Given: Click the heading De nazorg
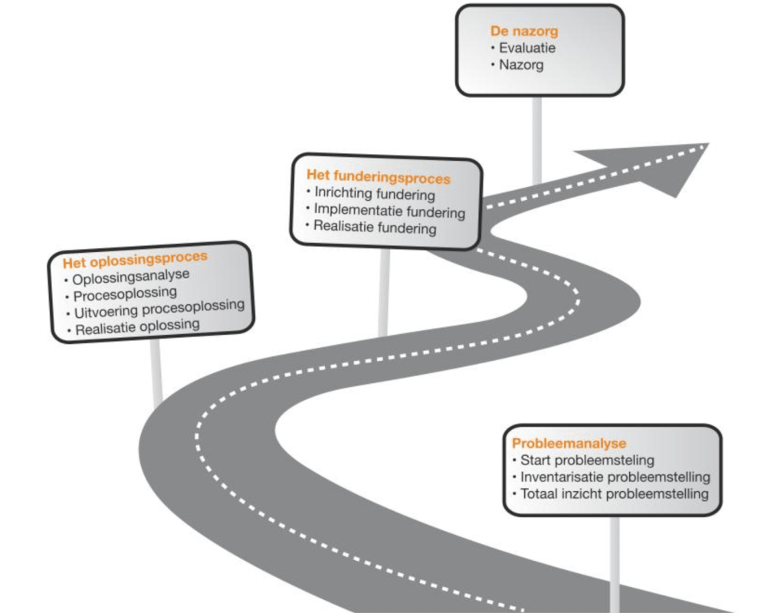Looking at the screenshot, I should [524, 32].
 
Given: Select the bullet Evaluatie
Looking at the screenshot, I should [527, 48].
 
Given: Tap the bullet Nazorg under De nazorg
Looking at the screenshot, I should [521, 65].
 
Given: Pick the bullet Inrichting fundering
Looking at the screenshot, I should [375, 195].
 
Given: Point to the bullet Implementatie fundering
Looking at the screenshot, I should [389, 211].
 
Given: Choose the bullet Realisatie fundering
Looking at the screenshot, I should [376, 228].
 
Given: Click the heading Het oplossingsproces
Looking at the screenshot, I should [136, 259].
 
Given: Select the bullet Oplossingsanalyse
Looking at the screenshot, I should [131, 277].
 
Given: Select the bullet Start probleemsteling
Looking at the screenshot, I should [587, 461].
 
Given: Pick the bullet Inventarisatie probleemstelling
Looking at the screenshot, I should [615, 477].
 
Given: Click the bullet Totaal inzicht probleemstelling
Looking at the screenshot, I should [614, 494].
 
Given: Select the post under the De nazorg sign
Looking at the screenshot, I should [537, 138].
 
